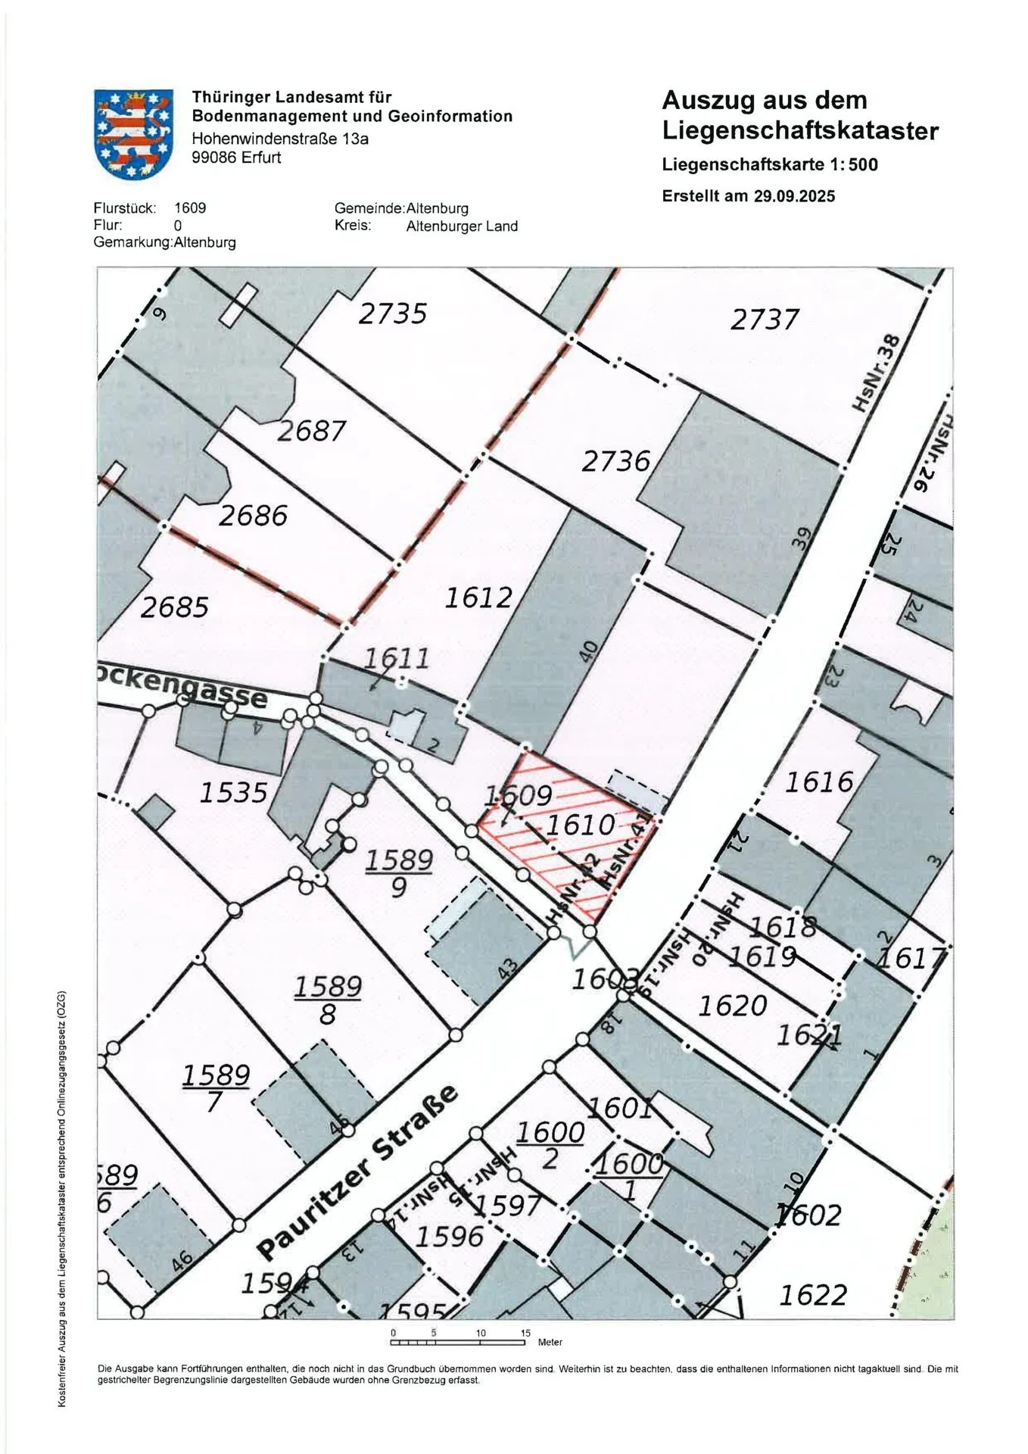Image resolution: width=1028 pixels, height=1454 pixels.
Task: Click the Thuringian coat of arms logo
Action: pos(133,134)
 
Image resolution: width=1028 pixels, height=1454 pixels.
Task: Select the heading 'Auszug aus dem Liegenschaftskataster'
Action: pos(799,115)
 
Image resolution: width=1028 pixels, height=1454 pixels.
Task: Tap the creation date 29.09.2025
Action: pos(794,196)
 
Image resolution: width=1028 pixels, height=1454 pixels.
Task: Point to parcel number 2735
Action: pos(393,314)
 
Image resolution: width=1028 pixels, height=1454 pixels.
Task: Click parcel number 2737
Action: pos(765,320)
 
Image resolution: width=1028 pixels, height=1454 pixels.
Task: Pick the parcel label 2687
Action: pos(311,432)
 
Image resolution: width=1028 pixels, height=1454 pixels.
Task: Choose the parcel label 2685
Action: pos(174,607)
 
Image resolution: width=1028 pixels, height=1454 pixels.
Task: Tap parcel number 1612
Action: pos(478,598)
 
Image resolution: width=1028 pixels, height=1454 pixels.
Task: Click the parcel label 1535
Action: pos(233,793)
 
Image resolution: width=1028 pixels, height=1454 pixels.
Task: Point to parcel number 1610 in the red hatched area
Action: pos(581,825)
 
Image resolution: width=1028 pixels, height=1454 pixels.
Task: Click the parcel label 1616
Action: pos(819,782)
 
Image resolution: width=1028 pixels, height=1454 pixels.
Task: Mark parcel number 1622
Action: pos(813,1296)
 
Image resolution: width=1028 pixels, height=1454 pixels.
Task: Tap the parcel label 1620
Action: pos(733,1006)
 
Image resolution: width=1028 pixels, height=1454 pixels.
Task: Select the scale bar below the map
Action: pos(458,1343)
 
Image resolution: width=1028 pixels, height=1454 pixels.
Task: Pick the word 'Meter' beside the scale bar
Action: pos(550,1343)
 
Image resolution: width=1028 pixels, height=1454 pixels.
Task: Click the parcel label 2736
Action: pos(615,461)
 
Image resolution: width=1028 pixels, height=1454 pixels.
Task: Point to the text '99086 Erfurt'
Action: pos(236,158)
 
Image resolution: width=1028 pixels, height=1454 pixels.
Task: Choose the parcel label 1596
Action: pos(449,1237)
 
